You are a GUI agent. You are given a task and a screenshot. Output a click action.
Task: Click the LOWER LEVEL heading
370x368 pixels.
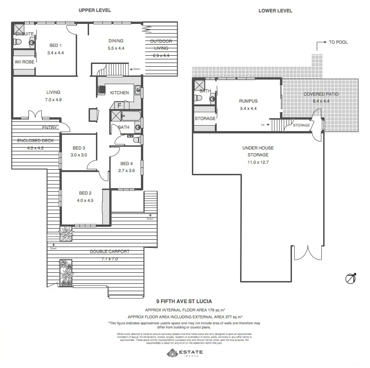click(275, 11)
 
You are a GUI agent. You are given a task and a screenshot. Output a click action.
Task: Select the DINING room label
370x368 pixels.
click(116, 40)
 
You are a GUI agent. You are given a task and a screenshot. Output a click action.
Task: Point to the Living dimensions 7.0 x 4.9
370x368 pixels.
click(53, 99)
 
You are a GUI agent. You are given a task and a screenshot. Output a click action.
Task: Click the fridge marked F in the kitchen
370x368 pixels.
click(119, 105)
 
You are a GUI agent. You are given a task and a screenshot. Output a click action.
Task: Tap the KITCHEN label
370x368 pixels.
click(119, 93)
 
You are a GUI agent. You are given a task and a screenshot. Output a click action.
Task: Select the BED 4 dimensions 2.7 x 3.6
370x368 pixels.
click(127, 171)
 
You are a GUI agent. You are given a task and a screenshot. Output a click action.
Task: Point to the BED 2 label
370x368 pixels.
click(83, 193)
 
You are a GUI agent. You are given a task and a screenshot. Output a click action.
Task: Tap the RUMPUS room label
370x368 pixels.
click(248, 101)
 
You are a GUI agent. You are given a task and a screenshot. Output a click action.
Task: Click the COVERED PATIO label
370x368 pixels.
click(321, 94)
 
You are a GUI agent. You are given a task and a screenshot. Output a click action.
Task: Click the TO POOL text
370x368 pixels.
click(338, 42)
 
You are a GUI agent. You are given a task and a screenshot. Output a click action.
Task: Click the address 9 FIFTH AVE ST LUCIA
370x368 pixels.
click(184, 302)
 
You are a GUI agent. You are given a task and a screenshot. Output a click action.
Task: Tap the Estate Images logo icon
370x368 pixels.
click(172, 353)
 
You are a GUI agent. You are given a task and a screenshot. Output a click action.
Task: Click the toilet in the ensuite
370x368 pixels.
click(17, 42)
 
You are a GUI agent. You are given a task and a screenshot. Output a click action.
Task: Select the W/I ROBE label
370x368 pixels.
click(24, 62)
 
